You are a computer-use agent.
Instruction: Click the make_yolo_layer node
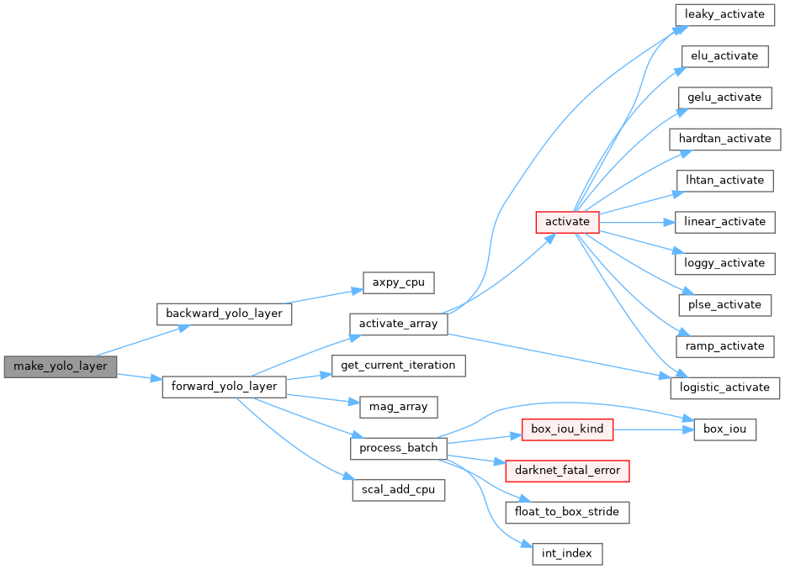click(60, 366)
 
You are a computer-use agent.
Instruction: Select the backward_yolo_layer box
click(225, 313)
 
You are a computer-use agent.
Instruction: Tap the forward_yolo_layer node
click(224, 387)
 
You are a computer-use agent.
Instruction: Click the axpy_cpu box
click(398, 282)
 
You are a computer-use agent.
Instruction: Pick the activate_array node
click(398, 324)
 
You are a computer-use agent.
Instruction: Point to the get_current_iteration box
click(398, 366)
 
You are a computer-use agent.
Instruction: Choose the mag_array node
click(398, 407)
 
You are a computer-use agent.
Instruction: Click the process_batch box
click(398, 448)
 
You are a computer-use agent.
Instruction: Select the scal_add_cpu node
click(398, 490)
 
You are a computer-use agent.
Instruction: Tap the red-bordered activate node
click(567, 222)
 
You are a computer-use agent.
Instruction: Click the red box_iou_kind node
click(567, 429)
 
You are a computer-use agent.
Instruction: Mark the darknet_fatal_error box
click(567, 470)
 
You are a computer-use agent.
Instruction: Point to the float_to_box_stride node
click(567, 511)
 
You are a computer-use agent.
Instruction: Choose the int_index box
click(567, 553)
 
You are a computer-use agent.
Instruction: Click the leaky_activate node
click(724, 14)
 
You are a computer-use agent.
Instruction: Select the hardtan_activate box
click(724, 139)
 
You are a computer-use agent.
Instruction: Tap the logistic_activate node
click(724, 387)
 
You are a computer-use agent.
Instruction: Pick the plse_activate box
click(724, 304)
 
